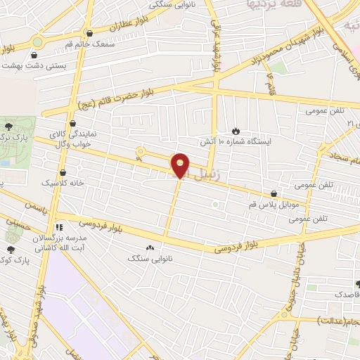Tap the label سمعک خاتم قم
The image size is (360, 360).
click(89, 44)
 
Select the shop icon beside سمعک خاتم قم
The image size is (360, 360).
click(89, 33)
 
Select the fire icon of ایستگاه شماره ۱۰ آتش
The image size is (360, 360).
click(236, 130)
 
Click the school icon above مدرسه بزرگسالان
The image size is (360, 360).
click(59, 228)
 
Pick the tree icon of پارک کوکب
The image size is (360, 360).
click(11, 249)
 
